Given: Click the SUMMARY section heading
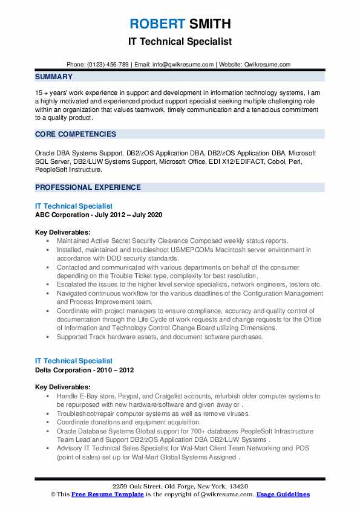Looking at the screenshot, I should [54, 77].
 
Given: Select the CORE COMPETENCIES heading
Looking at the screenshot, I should [76, 134].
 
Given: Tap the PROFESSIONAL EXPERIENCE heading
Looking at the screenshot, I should [88, 187].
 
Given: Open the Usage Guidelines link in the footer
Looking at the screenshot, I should [283, 494].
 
